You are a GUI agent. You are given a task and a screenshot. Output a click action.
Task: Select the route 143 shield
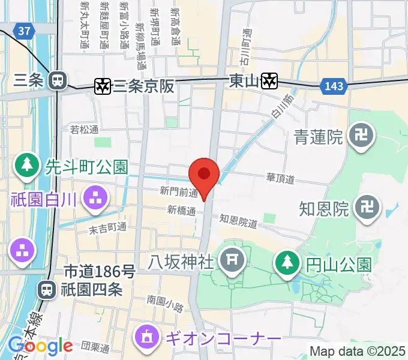pos(334,86)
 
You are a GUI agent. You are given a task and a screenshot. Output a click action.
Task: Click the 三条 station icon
pos(58,79)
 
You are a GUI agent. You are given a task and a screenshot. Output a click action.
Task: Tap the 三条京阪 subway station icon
pos(103,86)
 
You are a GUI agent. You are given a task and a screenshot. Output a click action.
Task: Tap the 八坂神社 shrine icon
pos(230,260)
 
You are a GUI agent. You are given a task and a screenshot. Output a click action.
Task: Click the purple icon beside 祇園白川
pos(95,198)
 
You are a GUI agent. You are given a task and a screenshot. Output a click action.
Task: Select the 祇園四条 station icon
pos(46,290)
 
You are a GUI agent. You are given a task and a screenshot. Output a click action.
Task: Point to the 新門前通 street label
pos(179,191)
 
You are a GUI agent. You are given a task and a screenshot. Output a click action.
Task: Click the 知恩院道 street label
pos(238,222)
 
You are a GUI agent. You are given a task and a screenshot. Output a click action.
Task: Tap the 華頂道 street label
pos(280,178)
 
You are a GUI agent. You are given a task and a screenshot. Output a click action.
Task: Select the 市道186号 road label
pos(98,272)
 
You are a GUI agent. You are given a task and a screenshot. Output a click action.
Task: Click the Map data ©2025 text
pos(358,351)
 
